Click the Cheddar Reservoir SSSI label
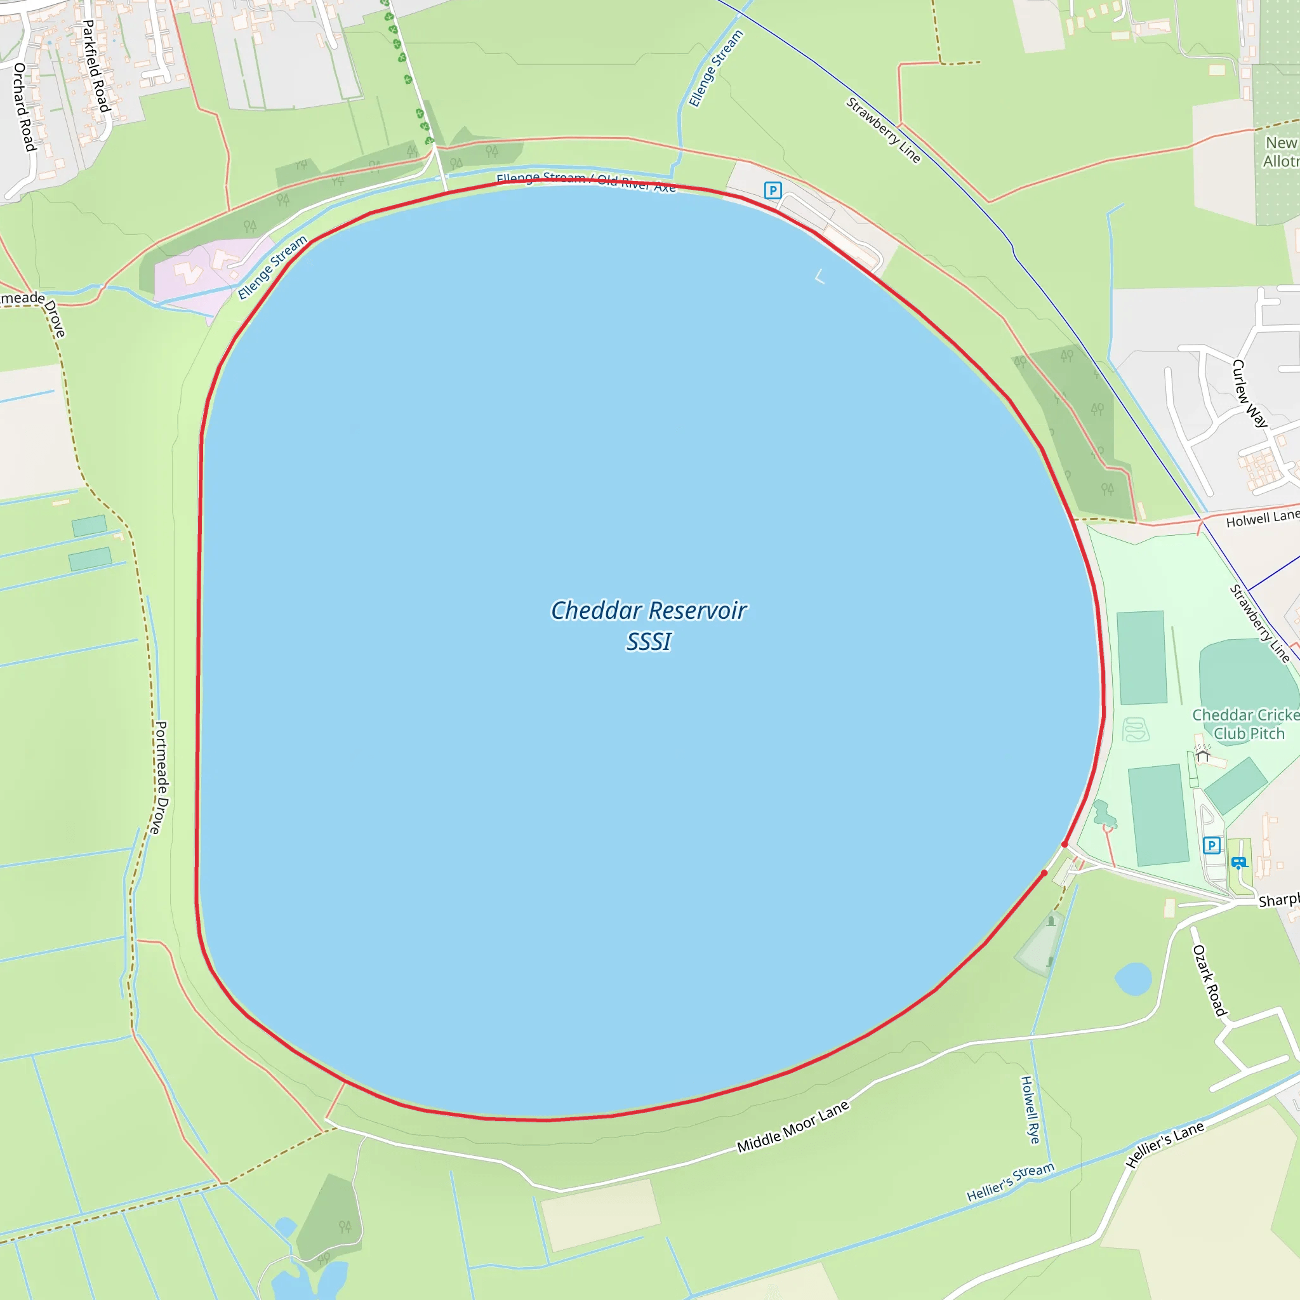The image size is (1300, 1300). (x=648, y=626)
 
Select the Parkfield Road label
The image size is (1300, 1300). (x=96, y=66)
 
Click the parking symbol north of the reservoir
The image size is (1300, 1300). (x=773, y=190)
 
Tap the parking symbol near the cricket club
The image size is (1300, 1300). (x=1211, y=845)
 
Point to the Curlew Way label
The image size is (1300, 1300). (x=1249, y=393)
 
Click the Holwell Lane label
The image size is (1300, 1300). (x=1262, y=518)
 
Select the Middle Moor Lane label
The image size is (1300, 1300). (x=793, y=1127)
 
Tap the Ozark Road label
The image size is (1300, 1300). (x=1209, y=980)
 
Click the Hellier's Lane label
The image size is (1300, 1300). (x=1164, y=1144)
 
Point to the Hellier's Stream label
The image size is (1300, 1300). (x=1010, y=1182)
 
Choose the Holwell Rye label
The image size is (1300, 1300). (x=1030, y=1110)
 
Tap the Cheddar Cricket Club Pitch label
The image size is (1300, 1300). (x=1246, y=724)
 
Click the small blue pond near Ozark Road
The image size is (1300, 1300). (x=1133, y=978)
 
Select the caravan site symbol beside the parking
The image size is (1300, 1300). (x=1238, y=863)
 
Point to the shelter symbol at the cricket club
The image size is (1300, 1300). (x=1202, y=756)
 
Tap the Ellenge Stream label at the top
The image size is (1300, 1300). (x=715, y=69)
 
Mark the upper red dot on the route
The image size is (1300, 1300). (x=1065, y=844)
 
